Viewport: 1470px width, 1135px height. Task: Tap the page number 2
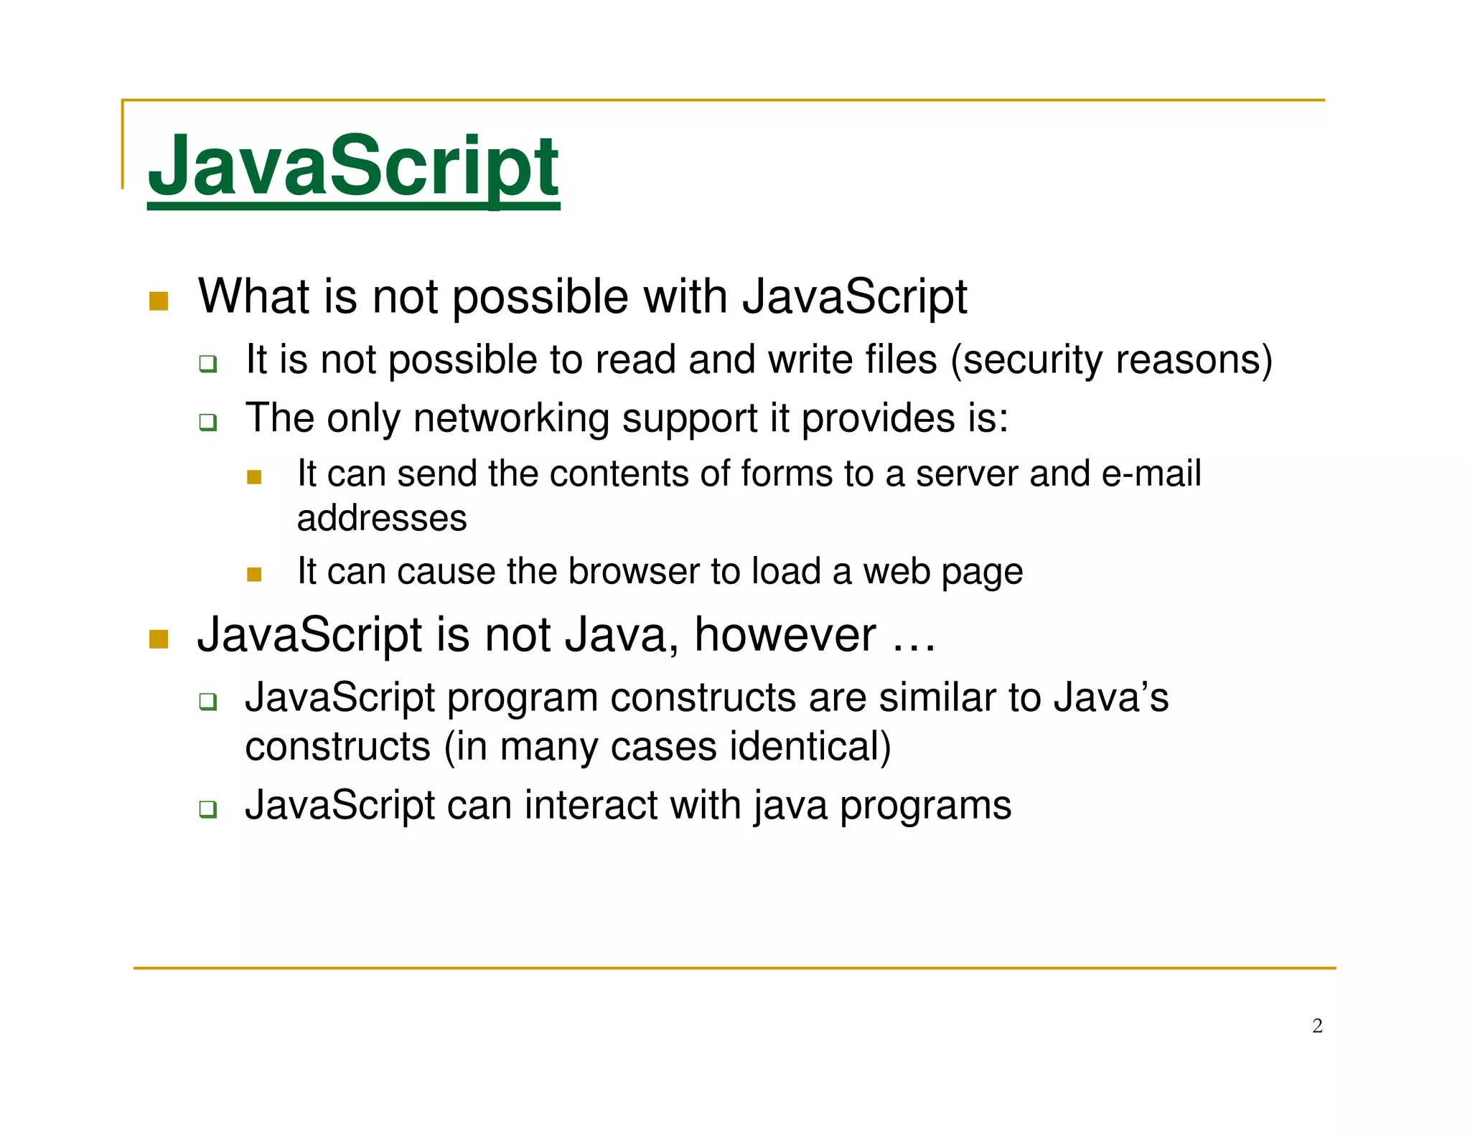1317,1026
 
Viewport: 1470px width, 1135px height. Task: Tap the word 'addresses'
382,518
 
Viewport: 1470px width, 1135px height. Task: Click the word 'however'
785,635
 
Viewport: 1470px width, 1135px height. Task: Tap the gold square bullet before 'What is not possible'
159,301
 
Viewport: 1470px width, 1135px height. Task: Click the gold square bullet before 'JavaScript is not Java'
159,639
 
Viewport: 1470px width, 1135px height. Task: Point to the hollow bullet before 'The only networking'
208,423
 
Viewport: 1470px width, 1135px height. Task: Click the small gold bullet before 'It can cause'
254,574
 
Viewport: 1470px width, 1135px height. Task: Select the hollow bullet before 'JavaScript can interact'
208,810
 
